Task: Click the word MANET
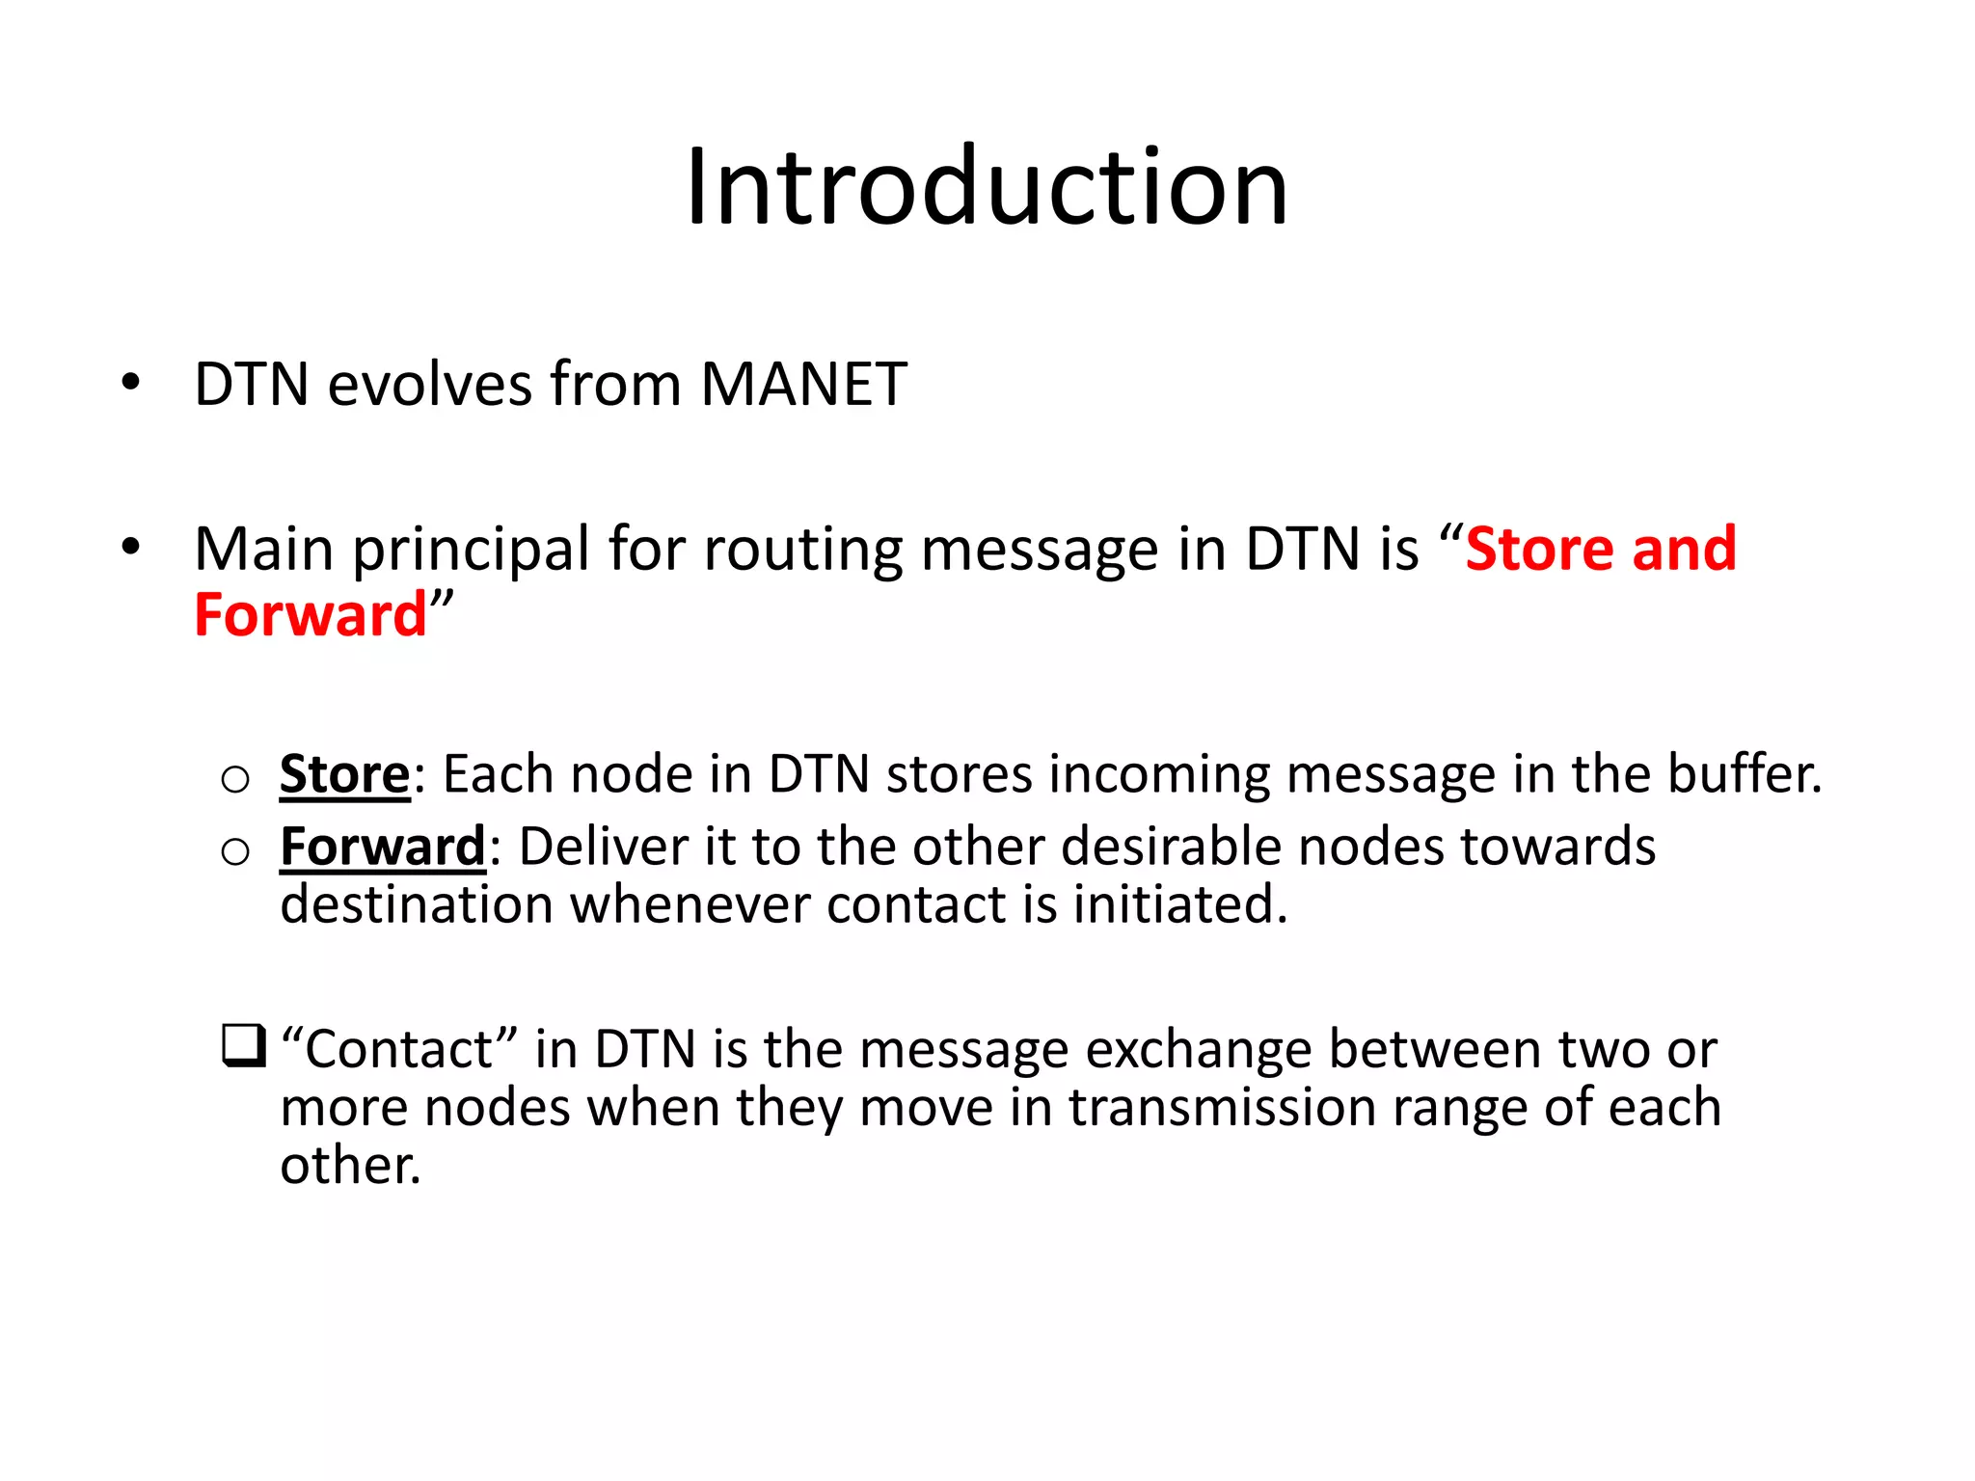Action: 803,385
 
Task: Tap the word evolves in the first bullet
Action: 429,385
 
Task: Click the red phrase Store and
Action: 1601,550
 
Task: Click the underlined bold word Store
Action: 344,774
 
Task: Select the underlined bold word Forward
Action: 382,848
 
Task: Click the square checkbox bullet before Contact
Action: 243,1046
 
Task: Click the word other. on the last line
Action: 350,1166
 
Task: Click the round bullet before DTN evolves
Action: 131,384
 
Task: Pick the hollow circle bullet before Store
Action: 235,778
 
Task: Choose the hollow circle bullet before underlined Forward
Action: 235,851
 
